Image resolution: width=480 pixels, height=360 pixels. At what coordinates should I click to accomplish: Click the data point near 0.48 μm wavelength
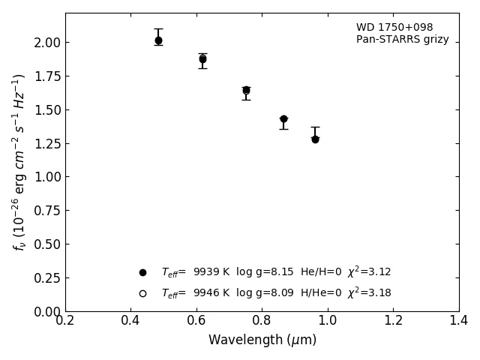[x=158, y=40]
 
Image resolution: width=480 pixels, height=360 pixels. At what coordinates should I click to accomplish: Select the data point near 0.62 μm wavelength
[x=202, y=58]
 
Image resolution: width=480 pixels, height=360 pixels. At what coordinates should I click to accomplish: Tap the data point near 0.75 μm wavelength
[x=246, y=90]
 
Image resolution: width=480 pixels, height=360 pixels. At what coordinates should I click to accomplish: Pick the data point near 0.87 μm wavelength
[x=283, y=118]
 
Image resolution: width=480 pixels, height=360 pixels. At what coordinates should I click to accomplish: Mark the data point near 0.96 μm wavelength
[x=315, y=139]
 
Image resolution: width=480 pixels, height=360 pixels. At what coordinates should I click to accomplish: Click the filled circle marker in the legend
[x=142, y=272]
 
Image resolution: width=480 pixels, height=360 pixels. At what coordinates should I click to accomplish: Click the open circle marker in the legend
[x=142, y=293]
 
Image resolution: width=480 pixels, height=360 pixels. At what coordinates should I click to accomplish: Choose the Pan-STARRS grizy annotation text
[x=402, y=40]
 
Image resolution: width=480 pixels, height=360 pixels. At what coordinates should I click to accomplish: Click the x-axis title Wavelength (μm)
[x=262, y=340]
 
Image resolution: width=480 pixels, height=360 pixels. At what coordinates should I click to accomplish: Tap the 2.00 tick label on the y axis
[x=46, y=43]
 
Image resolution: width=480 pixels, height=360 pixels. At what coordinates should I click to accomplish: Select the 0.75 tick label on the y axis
[x=46, y=211]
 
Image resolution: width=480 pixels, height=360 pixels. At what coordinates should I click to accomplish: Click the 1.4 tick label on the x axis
[x=458, y=320]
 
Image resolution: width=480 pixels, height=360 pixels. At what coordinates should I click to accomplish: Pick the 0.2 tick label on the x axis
[x=65, y=320]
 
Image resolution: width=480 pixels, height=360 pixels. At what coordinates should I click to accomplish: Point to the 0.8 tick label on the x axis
[x=262, y=320]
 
